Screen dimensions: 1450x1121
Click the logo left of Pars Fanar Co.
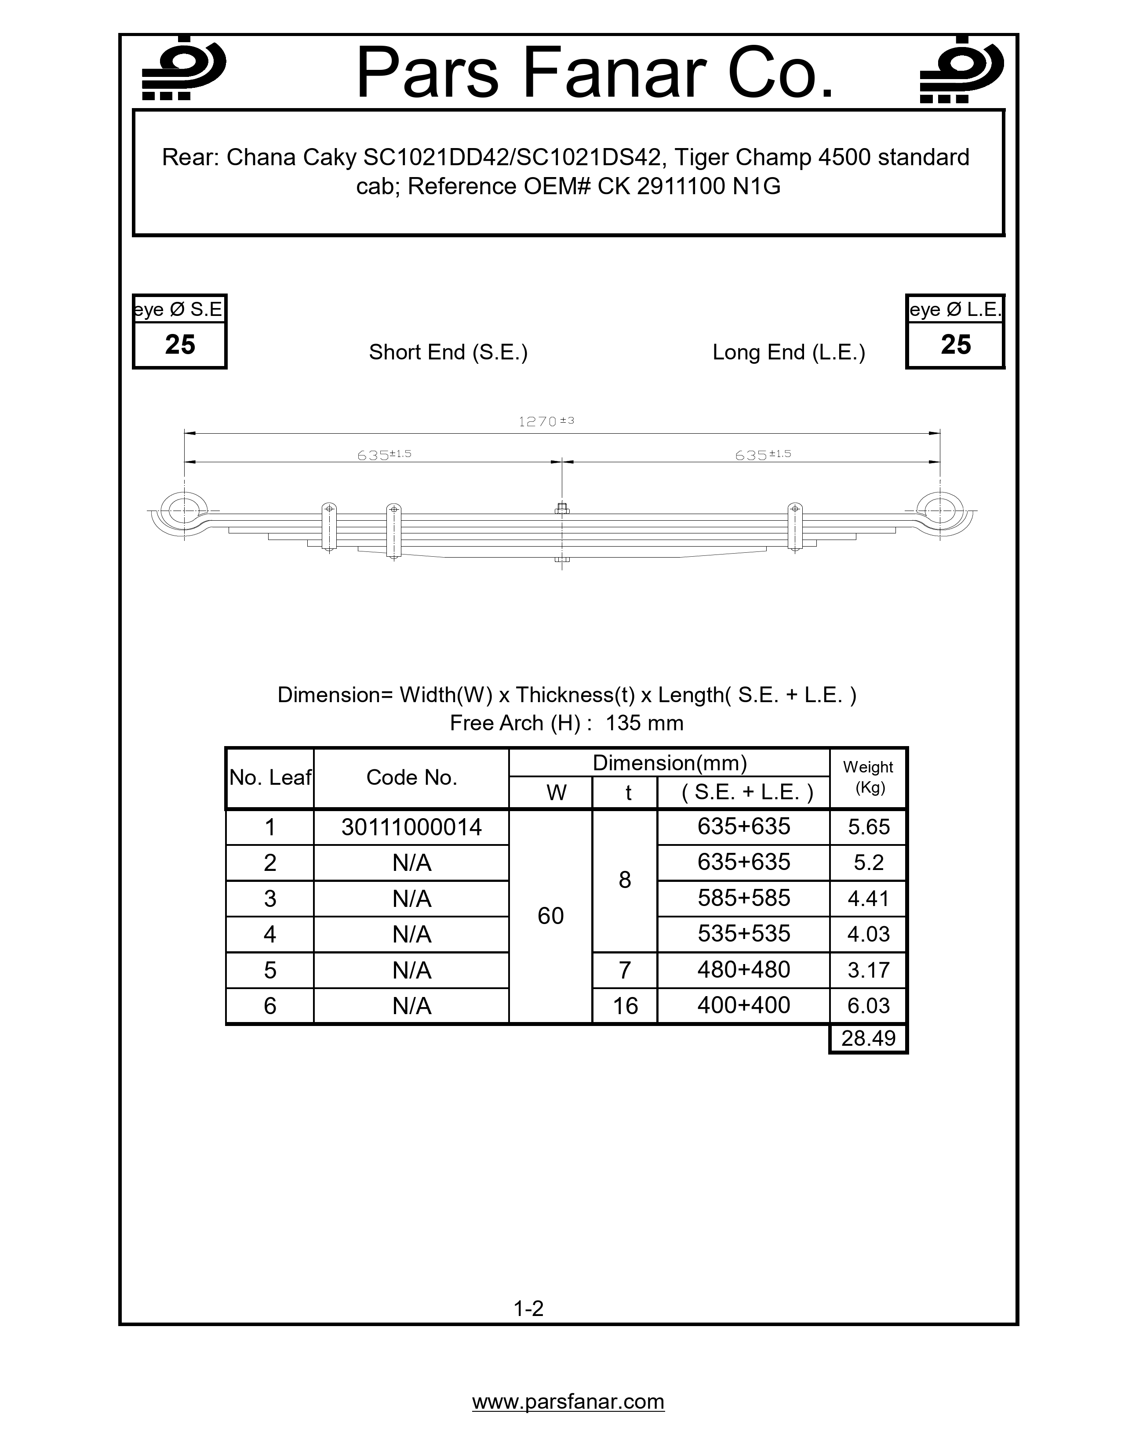click(184, 69)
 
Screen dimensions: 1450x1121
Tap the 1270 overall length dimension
click(545, 421)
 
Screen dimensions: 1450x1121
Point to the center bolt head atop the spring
click(562, 509)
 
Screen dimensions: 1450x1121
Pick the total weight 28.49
click(868, 1038)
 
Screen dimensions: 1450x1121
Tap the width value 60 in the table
click(550, 916)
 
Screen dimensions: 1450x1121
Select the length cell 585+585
click(744, 898)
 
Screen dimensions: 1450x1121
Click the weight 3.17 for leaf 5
click(868, 970)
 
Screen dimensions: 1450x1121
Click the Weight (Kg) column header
click(868, 777)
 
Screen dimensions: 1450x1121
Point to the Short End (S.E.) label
click(448, 352)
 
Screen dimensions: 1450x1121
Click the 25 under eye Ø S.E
click(180, 344)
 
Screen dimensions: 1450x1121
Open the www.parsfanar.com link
click(568, 1402)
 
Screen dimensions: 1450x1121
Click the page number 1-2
click(528, 1309)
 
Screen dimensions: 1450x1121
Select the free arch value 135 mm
click(644, 723)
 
